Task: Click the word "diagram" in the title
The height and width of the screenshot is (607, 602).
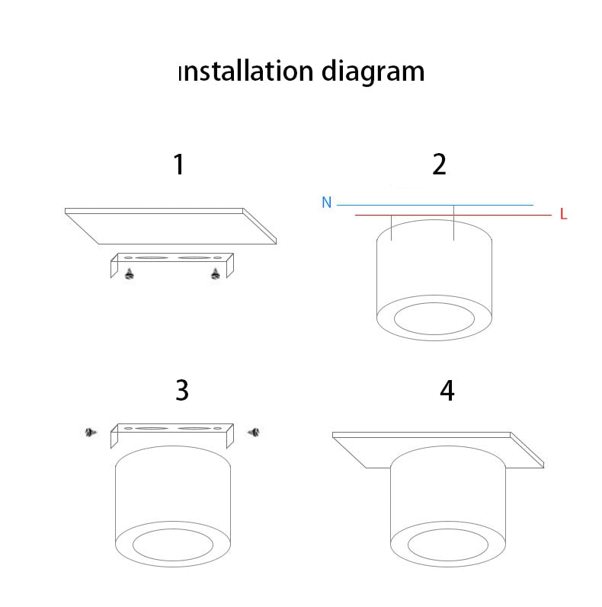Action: pos(372,72)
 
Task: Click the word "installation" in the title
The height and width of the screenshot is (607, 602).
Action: pos(245,72)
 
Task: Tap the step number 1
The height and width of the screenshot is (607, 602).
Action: pos(179,165)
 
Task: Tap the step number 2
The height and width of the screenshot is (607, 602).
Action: pos(439,165)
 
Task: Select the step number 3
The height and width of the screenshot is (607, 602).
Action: pos(181,390)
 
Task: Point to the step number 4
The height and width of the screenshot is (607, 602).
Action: pos(447,390)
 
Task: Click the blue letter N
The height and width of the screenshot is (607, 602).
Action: pos(326,203)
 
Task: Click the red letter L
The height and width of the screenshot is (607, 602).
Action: pos(563,215)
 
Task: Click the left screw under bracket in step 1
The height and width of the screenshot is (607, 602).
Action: pos(130,273)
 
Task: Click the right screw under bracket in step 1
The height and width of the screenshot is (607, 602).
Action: pos(216,273)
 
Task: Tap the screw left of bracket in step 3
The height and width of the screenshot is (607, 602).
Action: pos(91,433)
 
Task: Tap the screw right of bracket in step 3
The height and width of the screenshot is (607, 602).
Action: pos(254,433)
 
